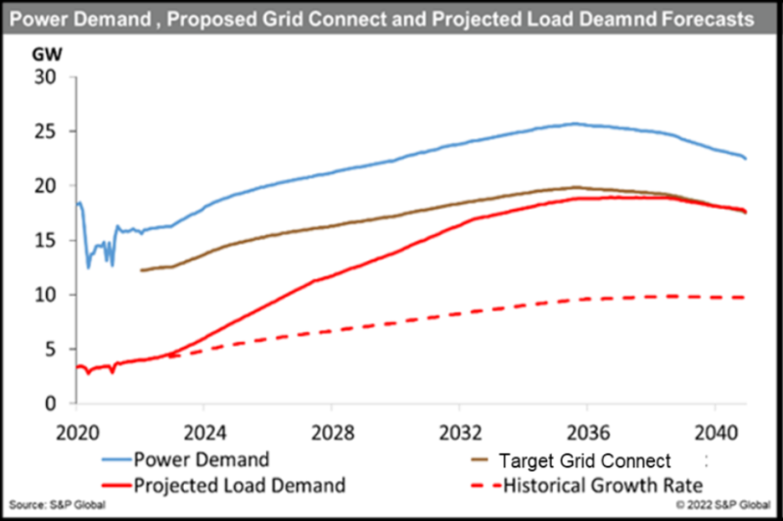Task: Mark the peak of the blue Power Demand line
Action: point(575,123)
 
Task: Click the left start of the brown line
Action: point(142,269)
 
